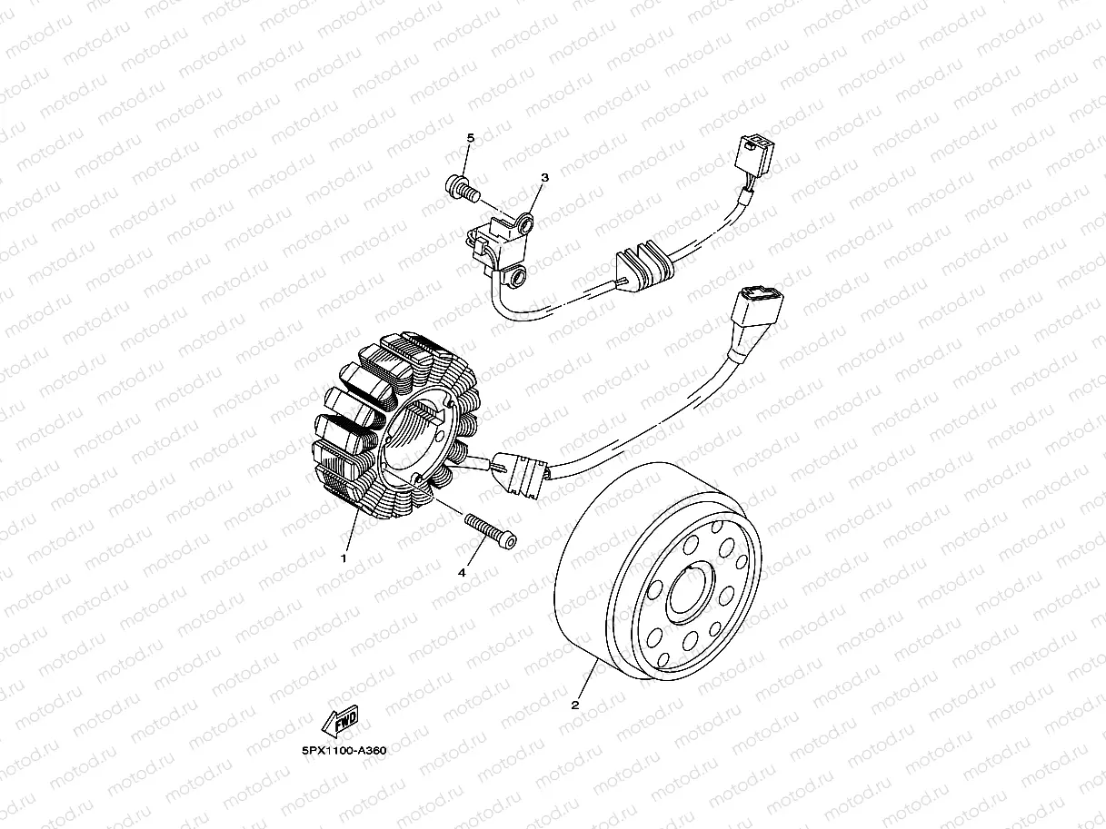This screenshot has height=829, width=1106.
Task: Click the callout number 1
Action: (344, 558)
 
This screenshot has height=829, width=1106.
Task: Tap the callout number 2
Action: (574, 704)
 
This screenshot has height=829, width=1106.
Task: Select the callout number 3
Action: (545, 178)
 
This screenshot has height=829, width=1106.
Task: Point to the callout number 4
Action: (462, 573)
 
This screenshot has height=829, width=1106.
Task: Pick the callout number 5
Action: (471, 137)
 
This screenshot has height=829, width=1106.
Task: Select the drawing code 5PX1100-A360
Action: (344, 751)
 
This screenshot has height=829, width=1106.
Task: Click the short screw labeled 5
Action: (462, 189)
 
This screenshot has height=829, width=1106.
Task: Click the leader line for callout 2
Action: (585, 682)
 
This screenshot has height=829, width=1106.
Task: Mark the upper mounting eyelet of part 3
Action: (526, 220)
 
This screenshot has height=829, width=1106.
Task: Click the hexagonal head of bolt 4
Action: (508, 541)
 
